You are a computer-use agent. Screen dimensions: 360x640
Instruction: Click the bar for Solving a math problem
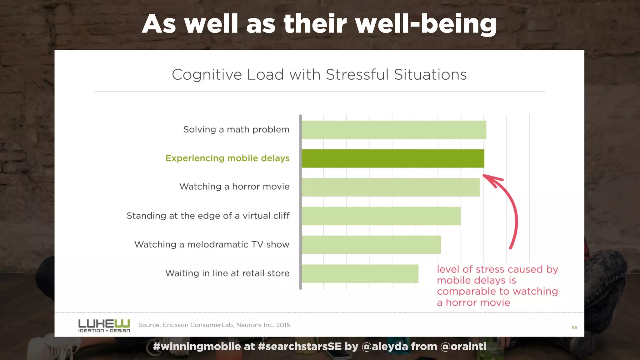[394, 130]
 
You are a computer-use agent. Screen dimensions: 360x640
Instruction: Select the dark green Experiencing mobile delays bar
[393, 158]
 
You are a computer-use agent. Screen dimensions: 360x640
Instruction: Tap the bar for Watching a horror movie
[390, 187]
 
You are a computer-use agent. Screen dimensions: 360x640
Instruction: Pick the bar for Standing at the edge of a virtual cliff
[381, 216]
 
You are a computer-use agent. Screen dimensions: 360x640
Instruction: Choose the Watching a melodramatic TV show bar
[371, 245]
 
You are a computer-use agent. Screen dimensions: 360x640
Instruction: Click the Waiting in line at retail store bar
[360, 273]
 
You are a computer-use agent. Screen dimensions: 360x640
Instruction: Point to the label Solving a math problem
[236, 129]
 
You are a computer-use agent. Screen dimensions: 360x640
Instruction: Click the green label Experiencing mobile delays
[227, 158]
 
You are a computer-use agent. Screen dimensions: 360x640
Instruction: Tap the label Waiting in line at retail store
[227, 273]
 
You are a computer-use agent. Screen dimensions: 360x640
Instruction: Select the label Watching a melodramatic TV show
[212, 244]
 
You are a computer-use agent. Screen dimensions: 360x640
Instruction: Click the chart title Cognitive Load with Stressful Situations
[319, 75]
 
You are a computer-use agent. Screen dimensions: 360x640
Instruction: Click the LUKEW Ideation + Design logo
[104, 326]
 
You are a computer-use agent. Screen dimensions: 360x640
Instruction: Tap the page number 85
[574, 327]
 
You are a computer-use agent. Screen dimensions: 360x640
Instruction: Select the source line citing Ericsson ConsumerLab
[214, 325]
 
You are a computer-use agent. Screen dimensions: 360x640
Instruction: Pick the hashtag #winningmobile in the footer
[197, 347]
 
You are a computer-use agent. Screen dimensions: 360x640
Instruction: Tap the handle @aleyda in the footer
[385, 347]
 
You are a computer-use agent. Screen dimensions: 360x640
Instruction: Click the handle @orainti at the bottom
[463, 347]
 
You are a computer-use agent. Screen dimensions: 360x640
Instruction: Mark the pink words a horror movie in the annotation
[473, 302]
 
